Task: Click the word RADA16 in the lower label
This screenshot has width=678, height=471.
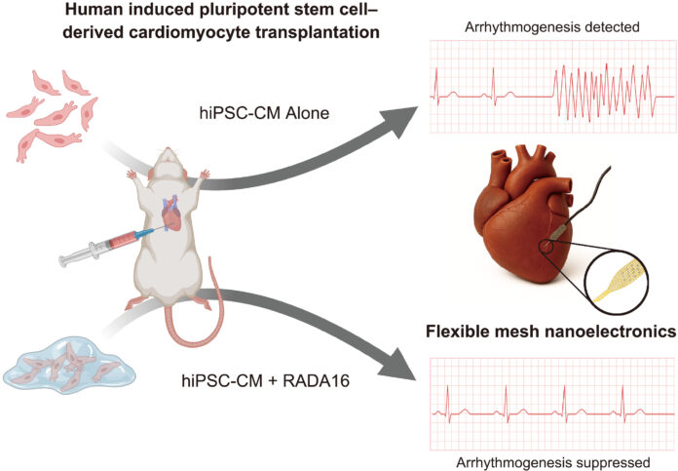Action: coord(316,381)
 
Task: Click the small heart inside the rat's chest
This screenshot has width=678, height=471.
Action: coord(171,215)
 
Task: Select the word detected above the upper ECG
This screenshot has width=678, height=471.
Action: coord(609,27)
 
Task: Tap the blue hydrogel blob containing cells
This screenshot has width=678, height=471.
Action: coord(69,366)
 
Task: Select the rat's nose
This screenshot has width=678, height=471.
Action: coord(167,150)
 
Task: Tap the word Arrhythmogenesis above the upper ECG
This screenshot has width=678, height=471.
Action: coord(520,27)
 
